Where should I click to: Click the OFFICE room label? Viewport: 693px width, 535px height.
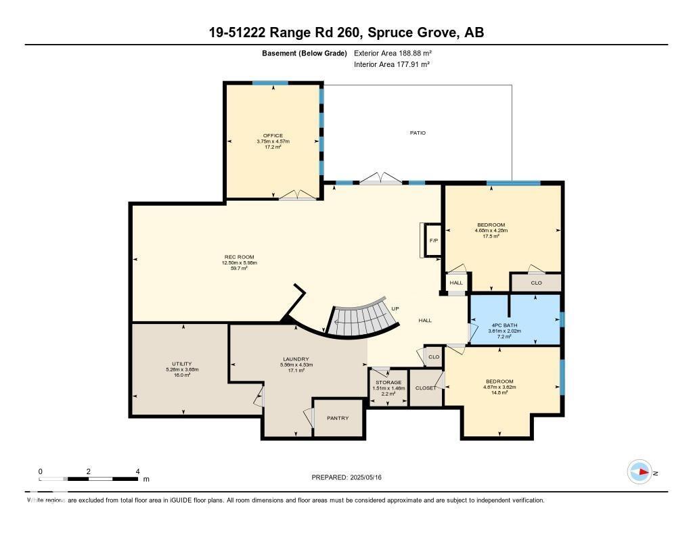pyautogui.click(x=273, y=135)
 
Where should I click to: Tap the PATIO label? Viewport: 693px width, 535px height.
pyautogui.click(x=418, y=133)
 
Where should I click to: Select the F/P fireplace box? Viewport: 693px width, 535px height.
pyautogui.click(x=432, y=241)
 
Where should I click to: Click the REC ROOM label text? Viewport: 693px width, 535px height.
pyautogui.click(x=239, y=257)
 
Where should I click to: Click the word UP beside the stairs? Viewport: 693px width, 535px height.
pyautogui.click(x=395, y=308)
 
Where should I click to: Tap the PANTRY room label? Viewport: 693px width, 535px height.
pyautogui.click(x=337, y=418)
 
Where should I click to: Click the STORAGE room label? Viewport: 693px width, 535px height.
pyautogui.click(x=388, y=382)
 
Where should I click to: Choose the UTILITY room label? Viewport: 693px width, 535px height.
pyautogui.click(x=182, y=364)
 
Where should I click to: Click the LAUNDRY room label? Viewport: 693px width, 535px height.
pyautogui.click(x=296, y=359)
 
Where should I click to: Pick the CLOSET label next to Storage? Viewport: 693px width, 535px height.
pyautogui.click(x=426, y=388)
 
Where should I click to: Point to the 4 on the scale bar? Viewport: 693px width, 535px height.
pyautogui.click(x=137, y=471)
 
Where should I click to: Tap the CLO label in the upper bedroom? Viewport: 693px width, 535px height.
pyautogui.click(x=536, y=283)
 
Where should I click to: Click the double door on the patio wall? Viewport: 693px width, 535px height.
pyautogui.click(x=380, y=179)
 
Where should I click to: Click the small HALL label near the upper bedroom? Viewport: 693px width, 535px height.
pyautogui.click(x=456, y=283)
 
